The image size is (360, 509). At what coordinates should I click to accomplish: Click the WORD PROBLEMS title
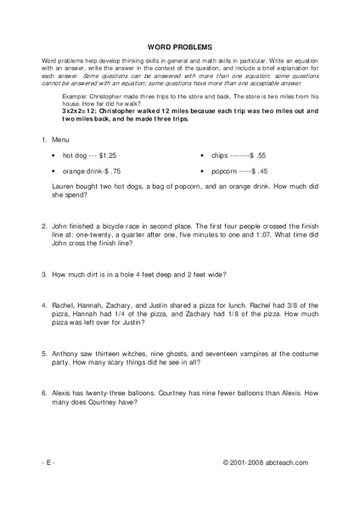pos(180,48)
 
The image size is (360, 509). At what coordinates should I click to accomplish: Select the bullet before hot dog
pos(54,156)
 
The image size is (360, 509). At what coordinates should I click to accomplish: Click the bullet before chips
pos(202,156)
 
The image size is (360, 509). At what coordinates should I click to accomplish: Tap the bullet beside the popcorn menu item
pos(202,171)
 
